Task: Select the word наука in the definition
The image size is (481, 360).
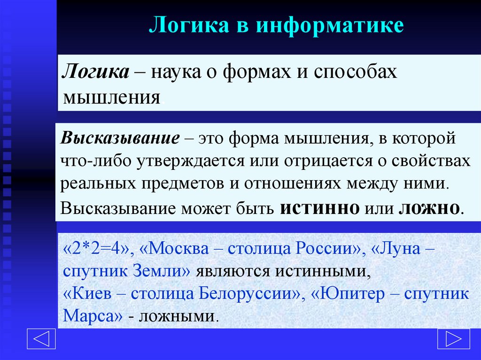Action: pyautogui.click(x=177, y=73)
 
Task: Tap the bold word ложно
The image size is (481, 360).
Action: pyautogui.click(x=427, y=208)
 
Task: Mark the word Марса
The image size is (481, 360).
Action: pyautogui.click(x=89, y=315)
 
